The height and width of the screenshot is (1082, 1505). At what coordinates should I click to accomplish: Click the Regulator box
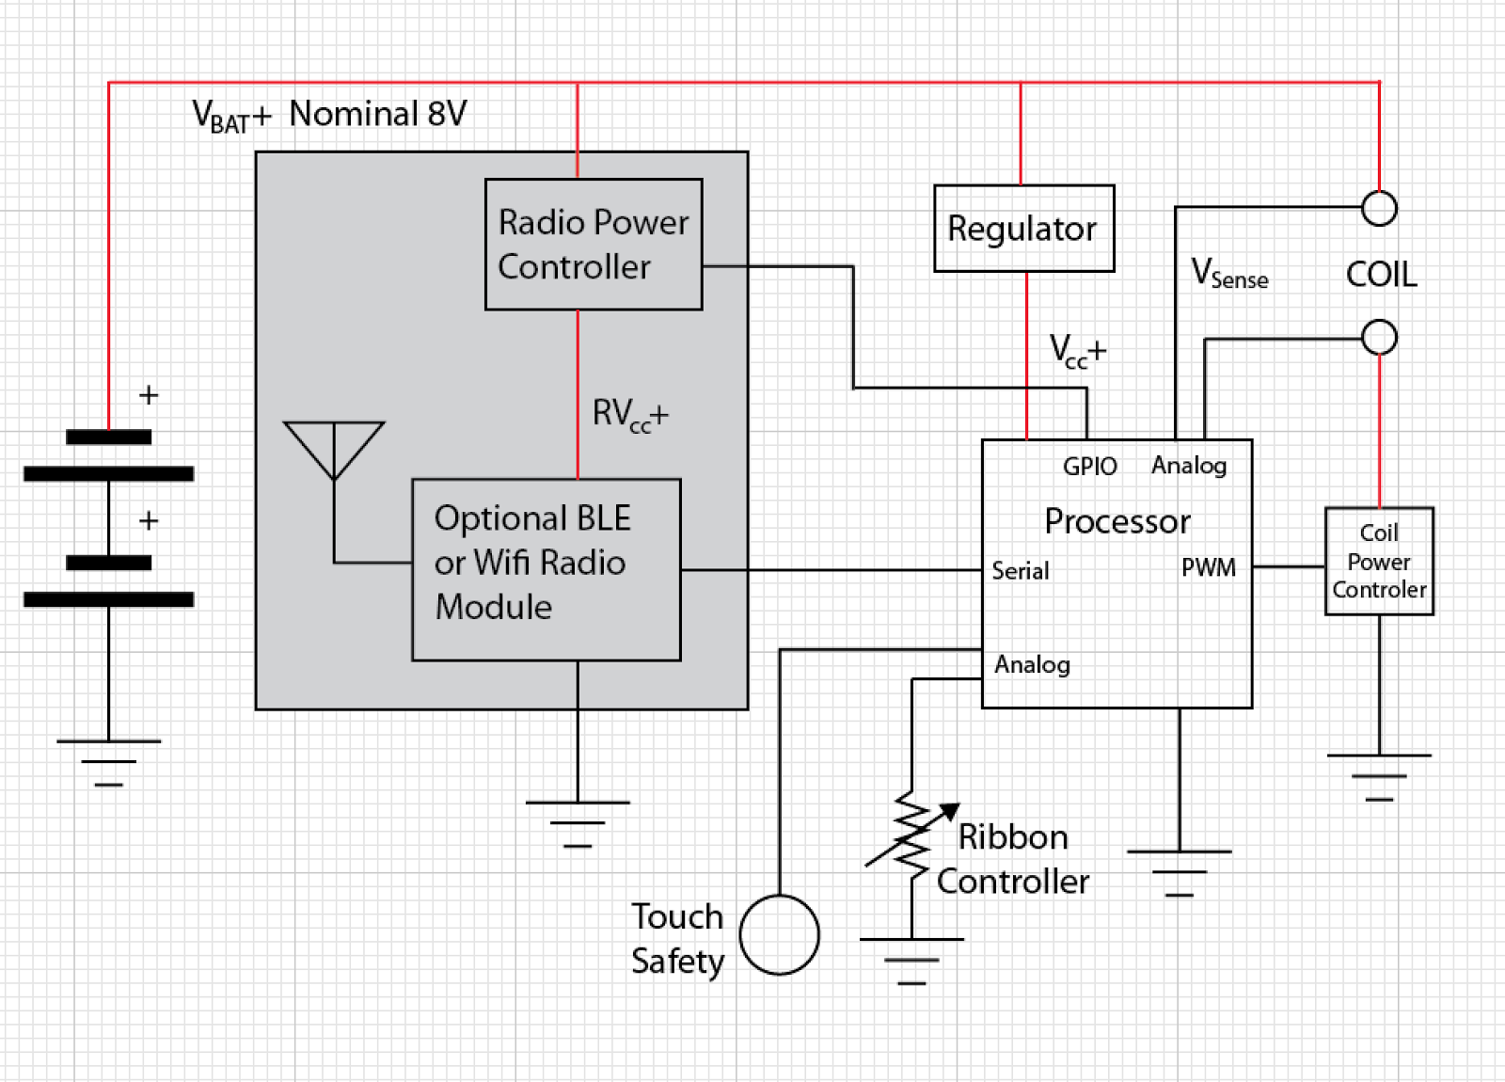(1023, 229)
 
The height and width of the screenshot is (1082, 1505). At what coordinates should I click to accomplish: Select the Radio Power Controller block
(593, 244)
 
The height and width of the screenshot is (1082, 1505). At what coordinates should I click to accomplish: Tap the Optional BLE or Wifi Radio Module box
(546, 569)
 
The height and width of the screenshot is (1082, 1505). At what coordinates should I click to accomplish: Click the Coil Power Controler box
(1379, 562)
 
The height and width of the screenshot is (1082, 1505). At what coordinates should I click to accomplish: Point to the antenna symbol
(334, 451)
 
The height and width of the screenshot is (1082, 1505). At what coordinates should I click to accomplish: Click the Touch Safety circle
(779, 934)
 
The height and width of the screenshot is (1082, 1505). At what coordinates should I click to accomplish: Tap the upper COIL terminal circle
(1379, 208)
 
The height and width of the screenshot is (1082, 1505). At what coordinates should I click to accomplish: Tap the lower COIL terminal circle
(1379, 337)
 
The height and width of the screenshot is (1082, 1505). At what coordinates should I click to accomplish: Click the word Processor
(1117, 521)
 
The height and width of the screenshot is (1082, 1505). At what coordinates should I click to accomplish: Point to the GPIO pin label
(1089, 467)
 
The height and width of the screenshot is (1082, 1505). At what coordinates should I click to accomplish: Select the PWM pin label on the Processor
(1209, 567)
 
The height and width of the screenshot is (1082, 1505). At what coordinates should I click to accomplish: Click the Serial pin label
(1020, 571)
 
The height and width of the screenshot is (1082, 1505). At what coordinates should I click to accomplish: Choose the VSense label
(1228, 274)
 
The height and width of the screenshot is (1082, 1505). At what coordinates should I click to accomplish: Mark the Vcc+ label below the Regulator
(1078, 351)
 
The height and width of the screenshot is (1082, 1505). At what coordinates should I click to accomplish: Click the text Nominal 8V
(377, 114)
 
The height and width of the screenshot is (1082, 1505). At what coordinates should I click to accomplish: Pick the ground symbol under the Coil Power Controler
(1379, 776)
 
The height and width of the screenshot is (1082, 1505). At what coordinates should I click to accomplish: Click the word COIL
(1381, 275)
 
